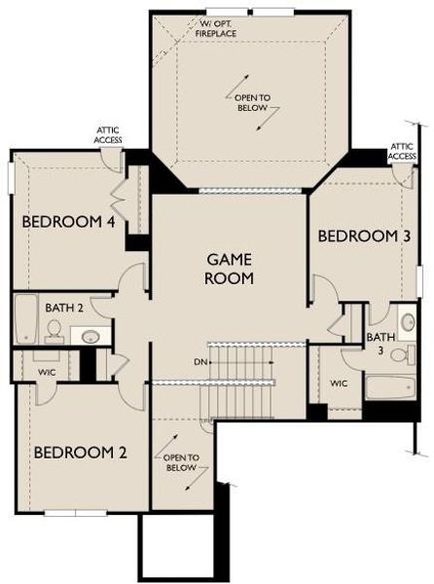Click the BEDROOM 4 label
(69, 222)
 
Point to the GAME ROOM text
(230, 269)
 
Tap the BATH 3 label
(380, 344)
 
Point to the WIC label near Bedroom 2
(47, 371)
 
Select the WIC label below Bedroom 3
(339, 383)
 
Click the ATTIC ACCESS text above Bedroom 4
(108, 134)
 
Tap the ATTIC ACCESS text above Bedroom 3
(403, 151)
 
